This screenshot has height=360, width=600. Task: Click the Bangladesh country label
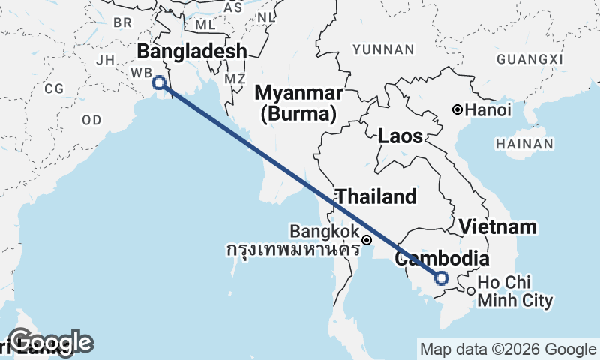[191, 52]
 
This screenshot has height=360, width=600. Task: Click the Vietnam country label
[498, 226]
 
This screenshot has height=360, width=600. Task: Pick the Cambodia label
[442, 259]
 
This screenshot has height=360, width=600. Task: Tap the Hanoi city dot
[457, 110]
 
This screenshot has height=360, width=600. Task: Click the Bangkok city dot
[367, 240]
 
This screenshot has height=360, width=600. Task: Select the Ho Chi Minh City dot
[470, 291]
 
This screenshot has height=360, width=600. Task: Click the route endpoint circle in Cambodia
[442, 278]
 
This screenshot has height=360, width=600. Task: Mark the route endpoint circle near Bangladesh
[158, 82]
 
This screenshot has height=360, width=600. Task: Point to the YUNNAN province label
[383, 49]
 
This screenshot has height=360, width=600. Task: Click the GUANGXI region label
[529, 59]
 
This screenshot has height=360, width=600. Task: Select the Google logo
[51, 341]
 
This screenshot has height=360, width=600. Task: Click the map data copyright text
[507, 349]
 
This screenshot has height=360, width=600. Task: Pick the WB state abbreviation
[141, 72]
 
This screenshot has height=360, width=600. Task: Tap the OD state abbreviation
[91, 119]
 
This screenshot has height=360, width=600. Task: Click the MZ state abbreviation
[235, 78]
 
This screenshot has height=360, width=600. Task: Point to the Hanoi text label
[488, 110]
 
